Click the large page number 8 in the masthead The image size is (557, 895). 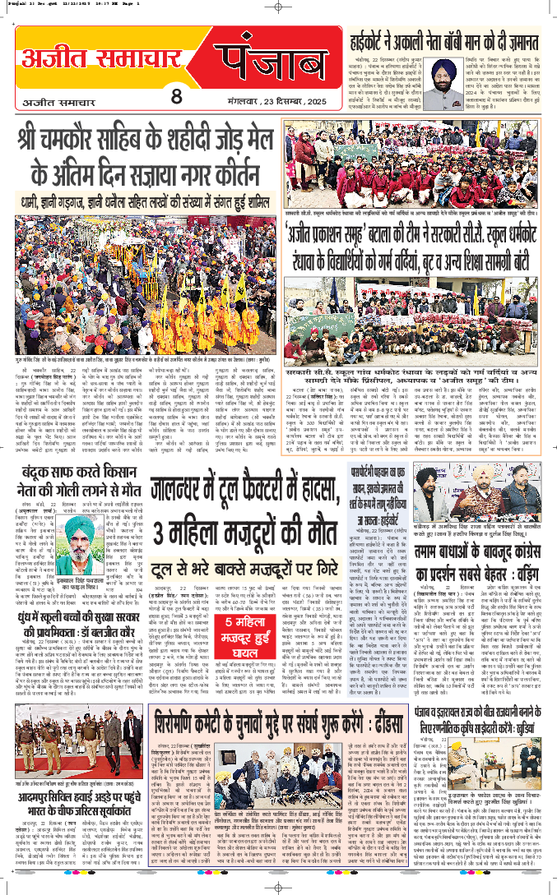pos(175,96)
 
